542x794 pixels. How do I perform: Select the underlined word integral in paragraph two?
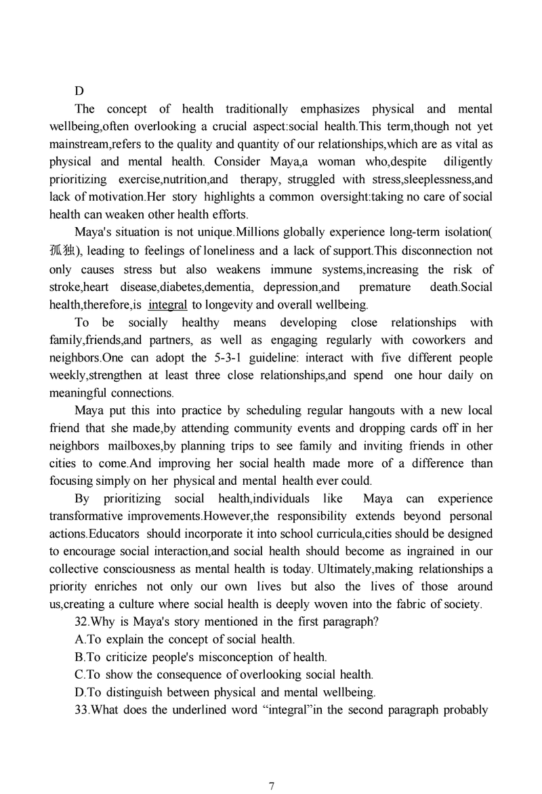coord(167,304)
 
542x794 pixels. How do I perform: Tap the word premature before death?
coord(385,287)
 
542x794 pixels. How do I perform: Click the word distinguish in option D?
coord(132,692)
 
